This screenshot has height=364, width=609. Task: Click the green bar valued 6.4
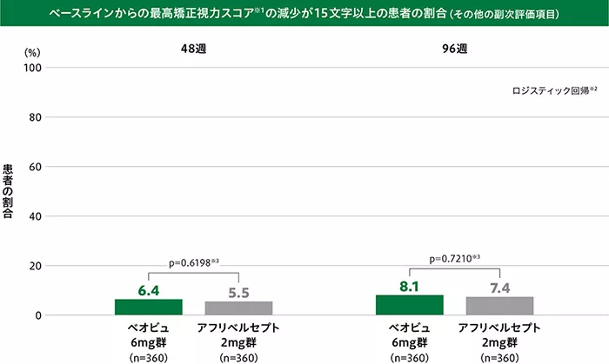pyautogui.click(x=149, y=307)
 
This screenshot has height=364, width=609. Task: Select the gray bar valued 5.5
pyautogui.click(x=238, y=308)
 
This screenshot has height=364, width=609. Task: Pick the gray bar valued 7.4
pyautogui.click(x=499, y=306)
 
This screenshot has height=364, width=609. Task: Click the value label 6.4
pyautogui.click(x=149, y=291)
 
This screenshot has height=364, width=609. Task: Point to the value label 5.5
pyautogui.click(x=238, y=293)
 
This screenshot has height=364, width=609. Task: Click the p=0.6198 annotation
pyautogui.click(x=192, y=260)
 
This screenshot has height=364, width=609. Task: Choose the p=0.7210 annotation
pyautogui.click(x=455, y=258)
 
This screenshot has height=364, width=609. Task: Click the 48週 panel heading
pyautogui.click(x=193, y=49)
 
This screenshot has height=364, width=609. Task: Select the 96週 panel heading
pyautogui.click(x=454, y=49)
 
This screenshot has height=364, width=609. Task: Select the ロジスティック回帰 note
pyautogui.click(x=554, y=89)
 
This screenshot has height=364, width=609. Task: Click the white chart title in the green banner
pyautogui.click(x=304, y=15)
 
